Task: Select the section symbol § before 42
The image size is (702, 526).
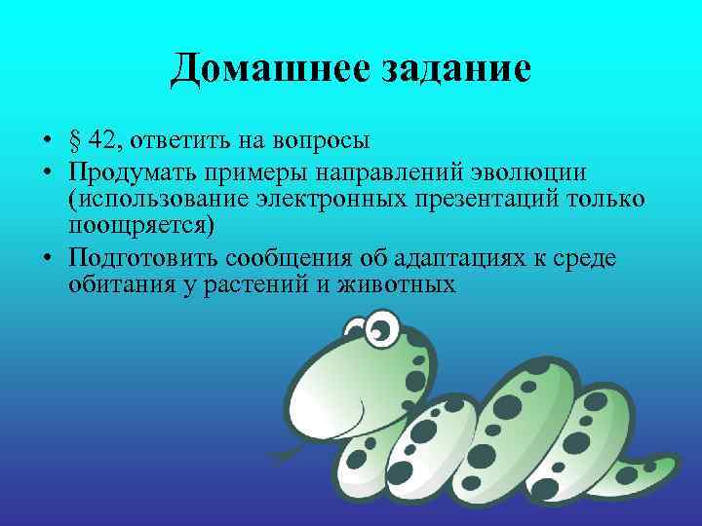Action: [x=75, y=141]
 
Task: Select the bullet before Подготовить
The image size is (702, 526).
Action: [x=48, y=260]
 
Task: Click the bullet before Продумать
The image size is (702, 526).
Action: [x=48, y=173]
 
